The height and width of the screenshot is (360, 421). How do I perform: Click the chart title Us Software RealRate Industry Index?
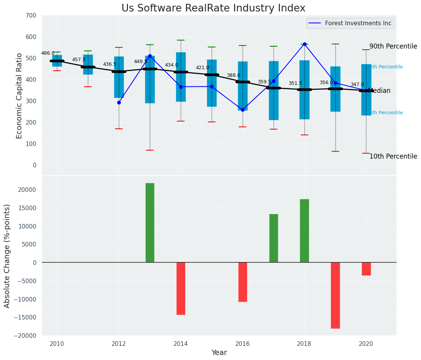click(x=213, y=8)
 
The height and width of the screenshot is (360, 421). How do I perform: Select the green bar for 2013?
click(x=150, y=222)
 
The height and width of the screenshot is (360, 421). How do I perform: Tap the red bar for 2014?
click(x=181, y=288)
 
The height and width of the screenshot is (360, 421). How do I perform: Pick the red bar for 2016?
click(x=243, y=282)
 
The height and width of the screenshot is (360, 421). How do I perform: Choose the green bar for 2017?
click(x=274, y=238)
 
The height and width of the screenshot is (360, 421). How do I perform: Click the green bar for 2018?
click(x=304, y=230)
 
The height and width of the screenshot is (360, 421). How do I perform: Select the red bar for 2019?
click(x=335, y=295)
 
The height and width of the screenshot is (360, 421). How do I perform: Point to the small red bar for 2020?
click(x=366, y=269)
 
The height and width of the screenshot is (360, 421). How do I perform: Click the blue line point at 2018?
click(x=304, y=44)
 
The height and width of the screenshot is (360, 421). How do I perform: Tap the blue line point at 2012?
click(x=119, y=102)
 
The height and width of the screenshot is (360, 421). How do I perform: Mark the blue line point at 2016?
click(x=243, y=110)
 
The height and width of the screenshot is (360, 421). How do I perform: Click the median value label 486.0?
click(x=48, y=54)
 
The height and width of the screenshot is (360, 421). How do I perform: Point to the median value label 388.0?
click(x=233, y=76)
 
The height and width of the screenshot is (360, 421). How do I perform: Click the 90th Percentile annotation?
click(x=393, y=47)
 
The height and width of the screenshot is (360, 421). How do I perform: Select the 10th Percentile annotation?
click(x=393, y=157)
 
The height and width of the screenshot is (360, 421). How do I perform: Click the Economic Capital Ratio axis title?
click(x=19, y=96)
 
